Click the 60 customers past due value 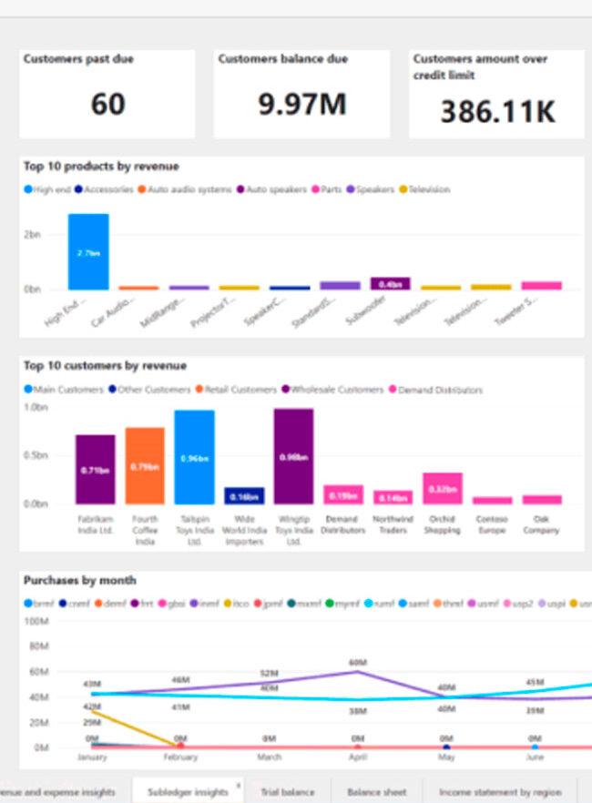click(x=107, y=104)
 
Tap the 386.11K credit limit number click(x=497, y=111)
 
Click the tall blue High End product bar click(x=88, y=251)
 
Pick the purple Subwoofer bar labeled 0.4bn click(x=390, y=283)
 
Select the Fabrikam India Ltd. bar click(x=95, y=469)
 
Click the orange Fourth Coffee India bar click(x=145, y=465)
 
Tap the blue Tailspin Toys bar click(x=194, y=456)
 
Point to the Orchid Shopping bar click(x=443, y=488)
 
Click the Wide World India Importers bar click(x=244, y=495)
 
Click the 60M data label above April click(x=357, y=662)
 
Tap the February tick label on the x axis click(x=180, y=757)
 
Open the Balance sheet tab click(x=376, y=792)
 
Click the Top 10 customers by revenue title click(x=105, y=365)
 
